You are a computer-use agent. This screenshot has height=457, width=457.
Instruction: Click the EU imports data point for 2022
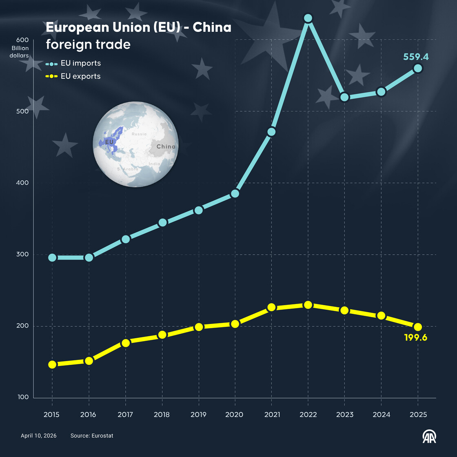tap(308, 18)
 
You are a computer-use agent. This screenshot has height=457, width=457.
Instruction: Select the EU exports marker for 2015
tap(52, 364)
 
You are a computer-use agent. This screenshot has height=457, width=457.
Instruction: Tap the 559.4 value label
tap(416, 57)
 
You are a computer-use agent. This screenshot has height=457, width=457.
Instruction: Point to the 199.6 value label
tap(415, 337)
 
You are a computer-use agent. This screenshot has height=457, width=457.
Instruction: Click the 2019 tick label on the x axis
tap(198, 415)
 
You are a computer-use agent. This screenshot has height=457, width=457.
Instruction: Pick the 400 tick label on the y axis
tap(22, 183)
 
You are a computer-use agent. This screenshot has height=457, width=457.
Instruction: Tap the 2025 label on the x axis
tap(418, 415)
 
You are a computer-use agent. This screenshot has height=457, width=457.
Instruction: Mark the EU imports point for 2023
tap(344, 97)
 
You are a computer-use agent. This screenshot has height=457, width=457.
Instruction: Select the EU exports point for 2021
tap(271, 307)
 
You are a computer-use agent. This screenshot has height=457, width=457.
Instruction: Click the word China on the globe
tap(166, 146)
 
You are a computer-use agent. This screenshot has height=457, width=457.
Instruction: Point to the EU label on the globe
tap(109, 142)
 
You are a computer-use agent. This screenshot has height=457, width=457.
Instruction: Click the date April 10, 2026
tap(39, 436)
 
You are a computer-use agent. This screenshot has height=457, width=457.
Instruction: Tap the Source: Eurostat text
tap(92, 436)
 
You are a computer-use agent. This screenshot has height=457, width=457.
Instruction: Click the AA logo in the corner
tap(429, 437)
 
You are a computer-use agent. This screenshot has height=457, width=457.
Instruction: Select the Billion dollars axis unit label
tap(20, 52)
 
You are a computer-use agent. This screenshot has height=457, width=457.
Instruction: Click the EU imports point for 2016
tap(89, 257)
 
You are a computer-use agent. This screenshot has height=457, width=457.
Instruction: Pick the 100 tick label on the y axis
tap(23, 397)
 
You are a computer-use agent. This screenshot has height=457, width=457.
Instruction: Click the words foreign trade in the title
tap(88, 44)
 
